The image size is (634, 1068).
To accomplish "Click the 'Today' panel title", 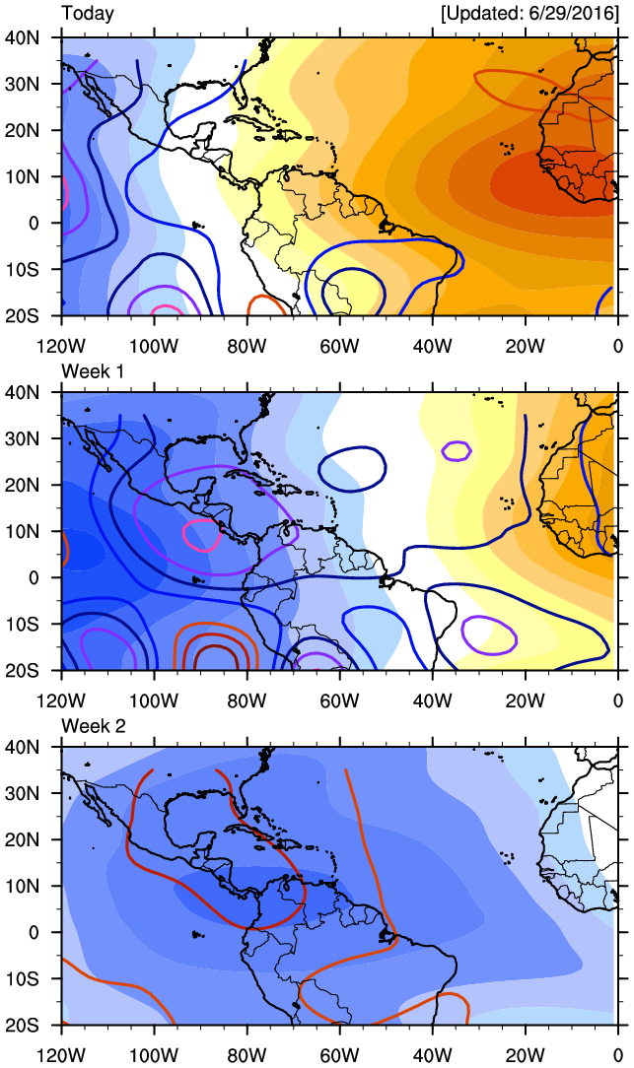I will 87,14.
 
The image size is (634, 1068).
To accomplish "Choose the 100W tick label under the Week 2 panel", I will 154,1055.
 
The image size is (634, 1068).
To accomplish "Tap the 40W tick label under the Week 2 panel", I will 432,1055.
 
